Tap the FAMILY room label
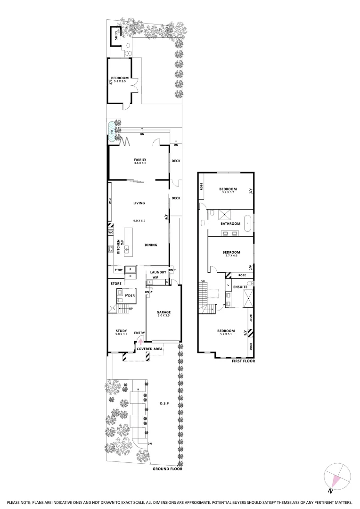coord(140,159)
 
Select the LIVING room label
coord(139,203)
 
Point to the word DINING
coord(151,245)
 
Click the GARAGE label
coord(164,312)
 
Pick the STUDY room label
coord(121,331)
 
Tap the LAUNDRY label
coord(158,272)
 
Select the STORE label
coord(116,284)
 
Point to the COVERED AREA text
coord(149,349)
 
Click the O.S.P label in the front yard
coord(164,404)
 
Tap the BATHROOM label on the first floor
coord(231,223)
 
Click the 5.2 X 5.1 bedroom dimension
coord(226,335)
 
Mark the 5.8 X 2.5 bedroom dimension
coord(120,81)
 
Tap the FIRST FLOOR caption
coord(243,361)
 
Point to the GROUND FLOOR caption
coord(167,469)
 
